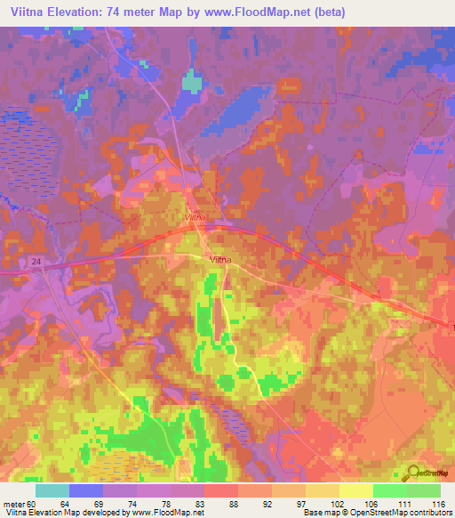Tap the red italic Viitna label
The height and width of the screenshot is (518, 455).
click(196, 217)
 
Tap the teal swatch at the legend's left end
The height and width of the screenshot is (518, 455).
click(52, 490)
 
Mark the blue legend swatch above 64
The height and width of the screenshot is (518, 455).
click(86, 490)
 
